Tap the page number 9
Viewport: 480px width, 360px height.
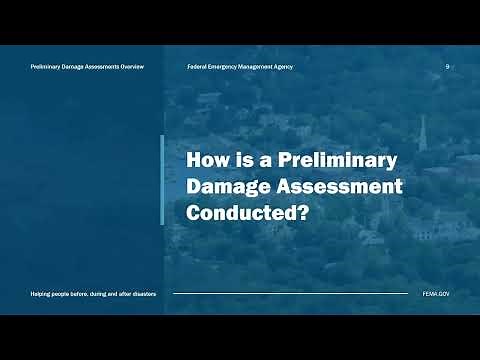447,66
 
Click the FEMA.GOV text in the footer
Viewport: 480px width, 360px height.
435,294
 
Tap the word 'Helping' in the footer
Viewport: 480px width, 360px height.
42,294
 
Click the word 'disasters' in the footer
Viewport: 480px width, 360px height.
141,294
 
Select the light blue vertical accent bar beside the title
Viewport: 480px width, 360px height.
162,180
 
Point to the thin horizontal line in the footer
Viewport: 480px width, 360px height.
290,294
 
